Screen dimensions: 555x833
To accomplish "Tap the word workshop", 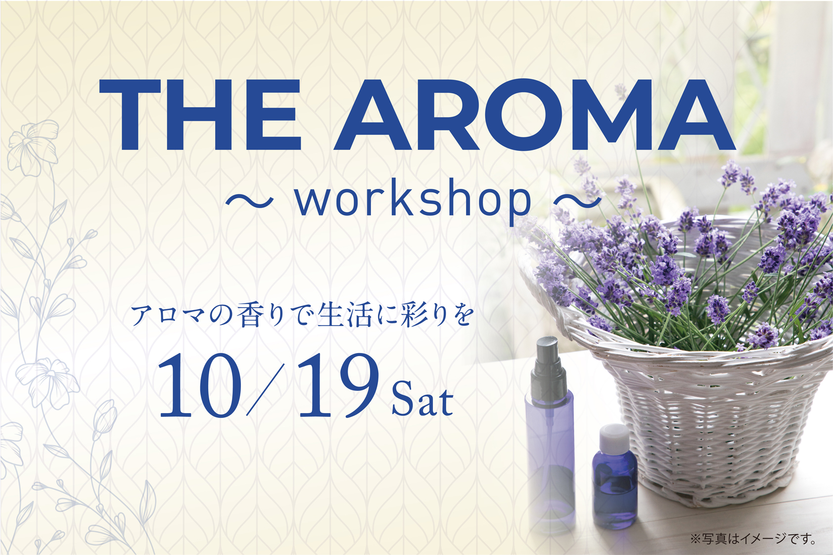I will point(413,200).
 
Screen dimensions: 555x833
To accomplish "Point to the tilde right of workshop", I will point(577,200).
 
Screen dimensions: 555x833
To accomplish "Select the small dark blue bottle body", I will point(615,490).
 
